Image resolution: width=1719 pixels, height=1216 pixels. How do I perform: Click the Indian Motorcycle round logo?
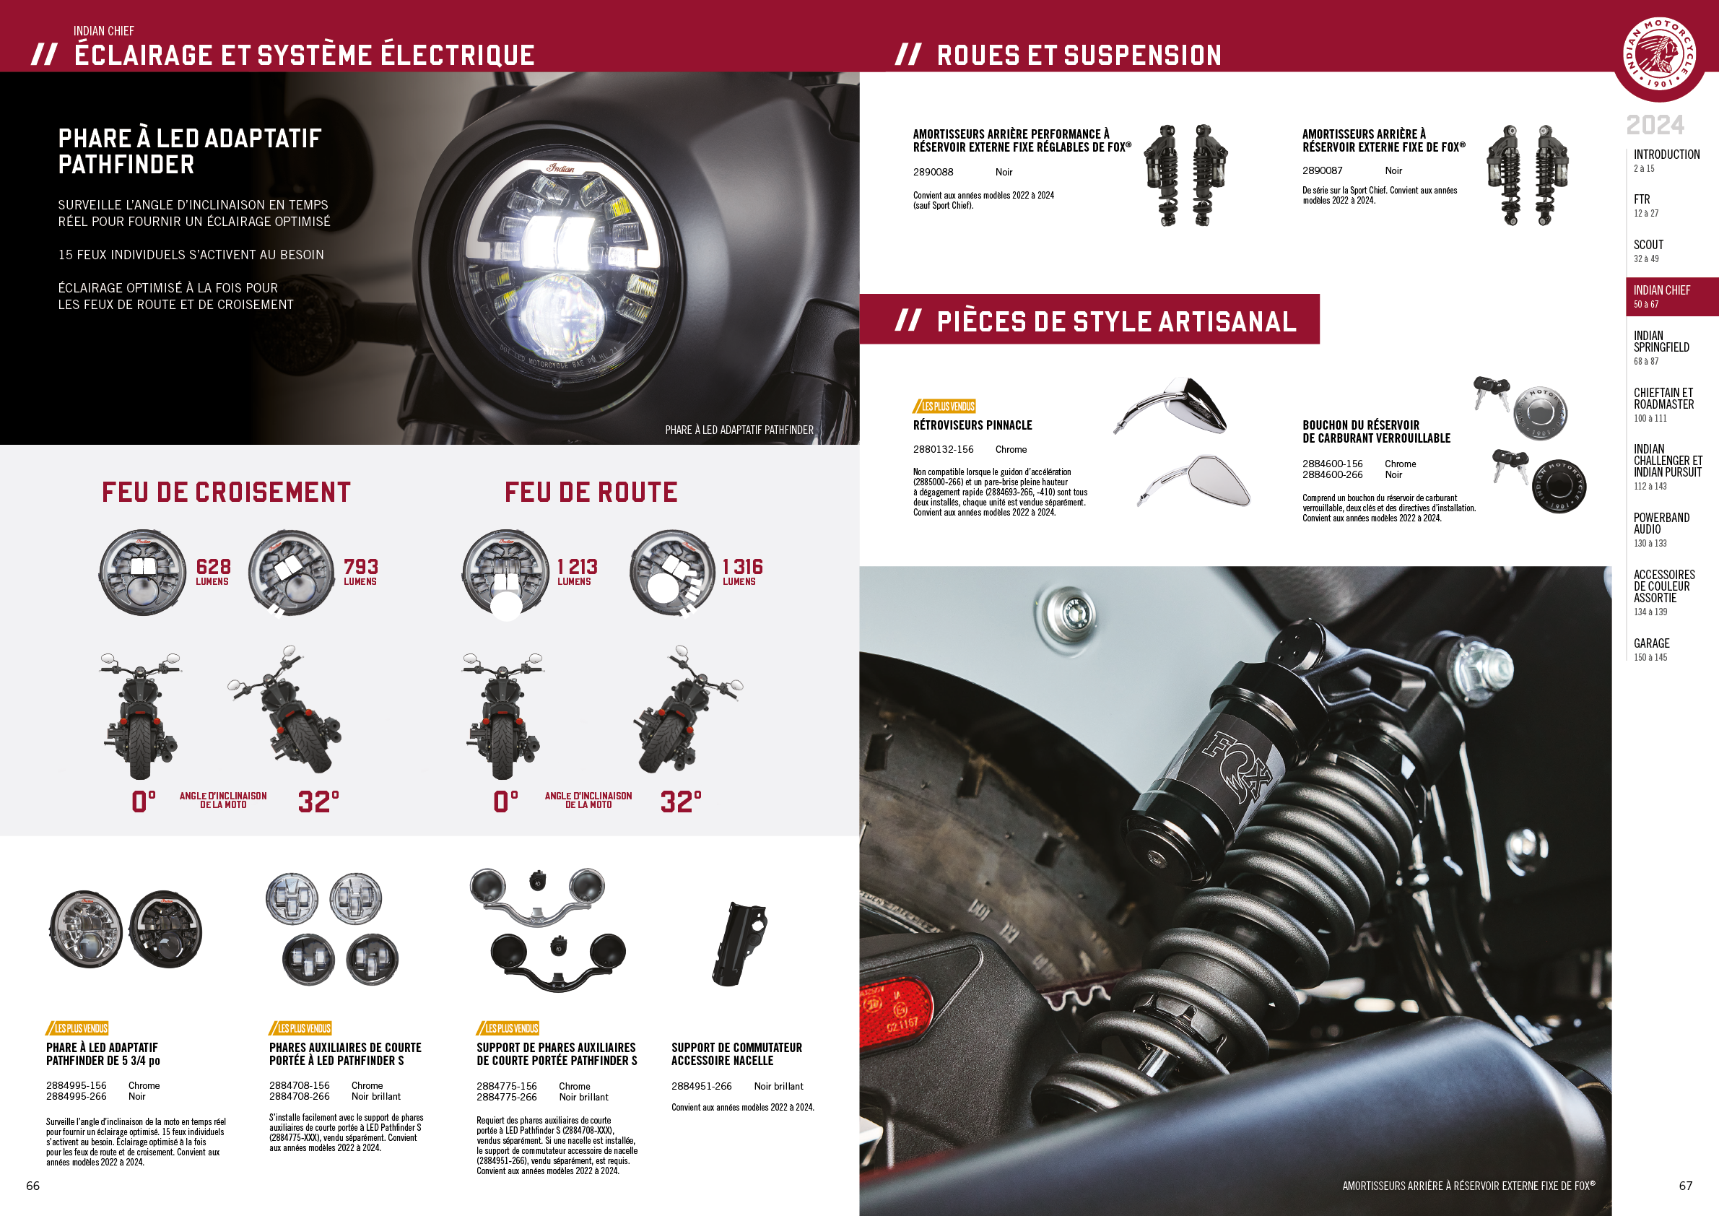point(1660,53)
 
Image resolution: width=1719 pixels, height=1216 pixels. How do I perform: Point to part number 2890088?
point(933,172)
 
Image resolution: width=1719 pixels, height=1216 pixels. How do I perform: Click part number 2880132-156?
point(944,449)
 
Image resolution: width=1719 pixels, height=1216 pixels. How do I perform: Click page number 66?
point(33,1185)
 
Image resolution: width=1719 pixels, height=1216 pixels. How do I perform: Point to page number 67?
point(1685,1185)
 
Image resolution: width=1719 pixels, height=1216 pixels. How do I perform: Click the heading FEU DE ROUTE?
point(591,492)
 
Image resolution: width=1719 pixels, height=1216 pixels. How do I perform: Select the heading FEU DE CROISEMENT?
point(226,492)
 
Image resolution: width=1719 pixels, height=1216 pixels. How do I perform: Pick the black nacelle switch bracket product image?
point(740,944)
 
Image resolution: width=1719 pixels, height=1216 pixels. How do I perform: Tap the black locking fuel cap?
point(1559,486)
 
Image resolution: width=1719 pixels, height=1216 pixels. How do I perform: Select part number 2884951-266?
point(702,1087)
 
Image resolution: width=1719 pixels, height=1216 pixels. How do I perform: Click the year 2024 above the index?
point(1655,125)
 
